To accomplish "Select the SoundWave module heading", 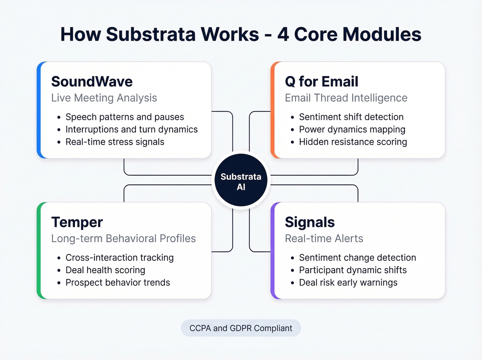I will point(92,82).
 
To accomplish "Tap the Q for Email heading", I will point(322,82).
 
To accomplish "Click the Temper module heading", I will point(77,222).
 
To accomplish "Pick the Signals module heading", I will point(310,222).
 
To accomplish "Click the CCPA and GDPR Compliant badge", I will point(241,328).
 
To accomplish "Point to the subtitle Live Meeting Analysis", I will point(104,98).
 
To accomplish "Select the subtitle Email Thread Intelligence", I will point(346,98).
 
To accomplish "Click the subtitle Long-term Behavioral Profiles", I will point(123,238).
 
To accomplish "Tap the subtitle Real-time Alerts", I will point(324,238).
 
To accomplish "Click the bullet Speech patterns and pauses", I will point(125,117).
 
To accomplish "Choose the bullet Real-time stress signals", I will point(115,142).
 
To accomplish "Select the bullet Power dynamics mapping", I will point(352,130).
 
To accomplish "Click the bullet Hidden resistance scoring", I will point(353,142).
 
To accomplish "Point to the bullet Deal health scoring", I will point(105,270).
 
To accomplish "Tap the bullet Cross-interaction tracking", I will point(119,258).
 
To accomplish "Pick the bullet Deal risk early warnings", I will point(348,282).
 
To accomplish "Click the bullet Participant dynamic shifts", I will point(353,270).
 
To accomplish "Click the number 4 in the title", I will point(283,34).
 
